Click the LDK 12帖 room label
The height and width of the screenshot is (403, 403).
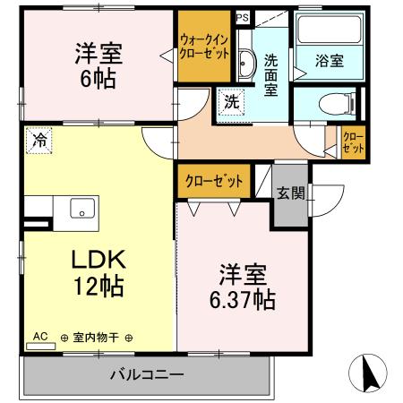pos(99,272)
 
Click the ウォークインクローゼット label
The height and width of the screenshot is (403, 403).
pos(204,46)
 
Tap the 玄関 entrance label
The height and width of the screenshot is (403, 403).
pos(289,193)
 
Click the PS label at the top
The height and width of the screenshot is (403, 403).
pos(243,17)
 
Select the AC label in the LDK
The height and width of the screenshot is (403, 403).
pos(39,337)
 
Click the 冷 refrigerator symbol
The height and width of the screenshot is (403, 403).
pos(39,140)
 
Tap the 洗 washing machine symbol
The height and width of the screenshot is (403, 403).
pos(232,103)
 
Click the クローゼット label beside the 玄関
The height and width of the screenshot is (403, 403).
pos(214,180)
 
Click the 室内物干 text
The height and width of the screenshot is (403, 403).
pos(97,338)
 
